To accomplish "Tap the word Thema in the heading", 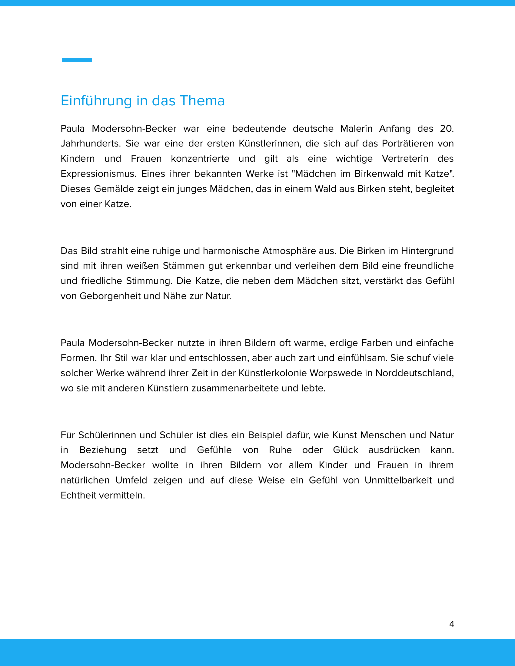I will pos(202,101).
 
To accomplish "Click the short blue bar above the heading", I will pos(77,60).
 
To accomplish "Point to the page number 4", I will pos(452,624).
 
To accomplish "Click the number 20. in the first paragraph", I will pos(447,129).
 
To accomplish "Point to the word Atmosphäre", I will pos(286,251).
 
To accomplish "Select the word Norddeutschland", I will pos(414,373).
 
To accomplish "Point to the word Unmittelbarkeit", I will pos(398,480).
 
